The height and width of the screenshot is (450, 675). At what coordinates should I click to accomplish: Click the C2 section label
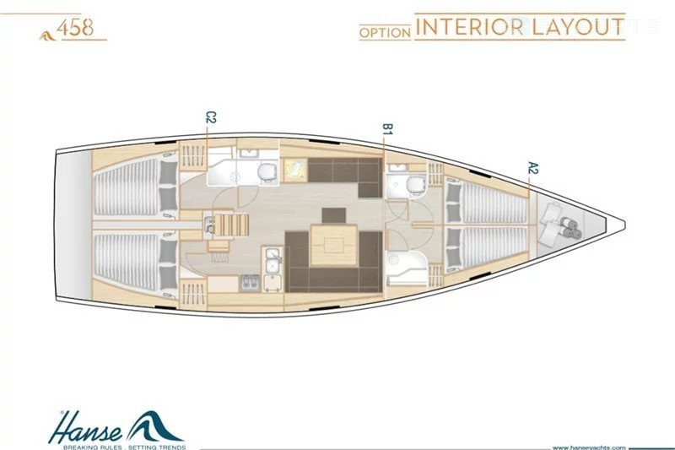click(210, 117)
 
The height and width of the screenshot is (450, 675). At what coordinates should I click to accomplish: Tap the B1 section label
click(387, 129)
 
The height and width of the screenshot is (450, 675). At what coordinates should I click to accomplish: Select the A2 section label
click(533, 168)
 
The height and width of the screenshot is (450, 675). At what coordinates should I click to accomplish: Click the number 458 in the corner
click(75, 29)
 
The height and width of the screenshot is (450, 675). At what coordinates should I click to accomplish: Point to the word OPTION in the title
click(386, 33)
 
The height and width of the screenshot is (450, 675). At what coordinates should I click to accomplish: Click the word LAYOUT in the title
click(578, 27)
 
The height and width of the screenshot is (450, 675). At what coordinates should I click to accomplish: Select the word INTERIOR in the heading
click(470, 27)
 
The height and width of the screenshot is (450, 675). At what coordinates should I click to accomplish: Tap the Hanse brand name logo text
click(85, 427)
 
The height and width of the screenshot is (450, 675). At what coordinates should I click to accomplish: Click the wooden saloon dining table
click(333, 246)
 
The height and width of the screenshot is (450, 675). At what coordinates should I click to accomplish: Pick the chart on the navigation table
click(295, 170)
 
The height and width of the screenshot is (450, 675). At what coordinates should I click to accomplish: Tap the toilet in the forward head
click(415, 184)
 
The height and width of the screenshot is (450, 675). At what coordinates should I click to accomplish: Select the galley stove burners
click(250, 283)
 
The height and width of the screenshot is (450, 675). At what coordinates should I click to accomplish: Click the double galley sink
click(272, 261)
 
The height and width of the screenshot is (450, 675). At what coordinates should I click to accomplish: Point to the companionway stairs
click(231, 225)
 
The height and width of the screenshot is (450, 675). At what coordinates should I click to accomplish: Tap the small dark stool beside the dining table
click(333, 215)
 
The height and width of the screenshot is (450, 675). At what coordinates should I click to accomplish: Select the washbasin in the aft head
click(247, 154)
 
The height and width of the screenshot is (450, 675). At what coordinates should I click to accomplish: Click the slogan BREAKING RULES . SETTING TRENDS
click(125, 447)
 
